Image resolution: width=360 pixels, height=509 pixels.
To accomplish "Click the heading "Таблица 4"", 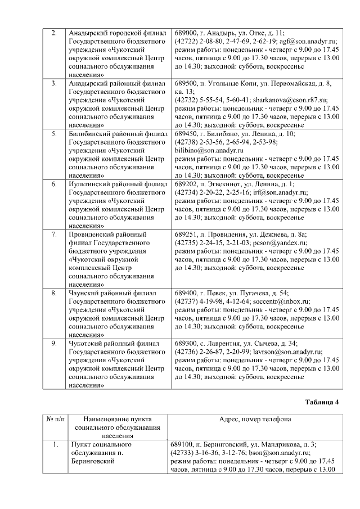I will (322, 402).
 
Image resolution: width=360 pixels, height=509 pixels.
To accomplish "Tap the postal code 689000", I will (186, 33).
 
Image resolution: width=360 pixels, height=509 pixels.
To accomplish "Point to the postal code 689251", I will (186, 235).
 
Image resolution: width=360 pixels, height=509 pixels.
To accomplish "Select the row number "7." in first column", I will (54, 235).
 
